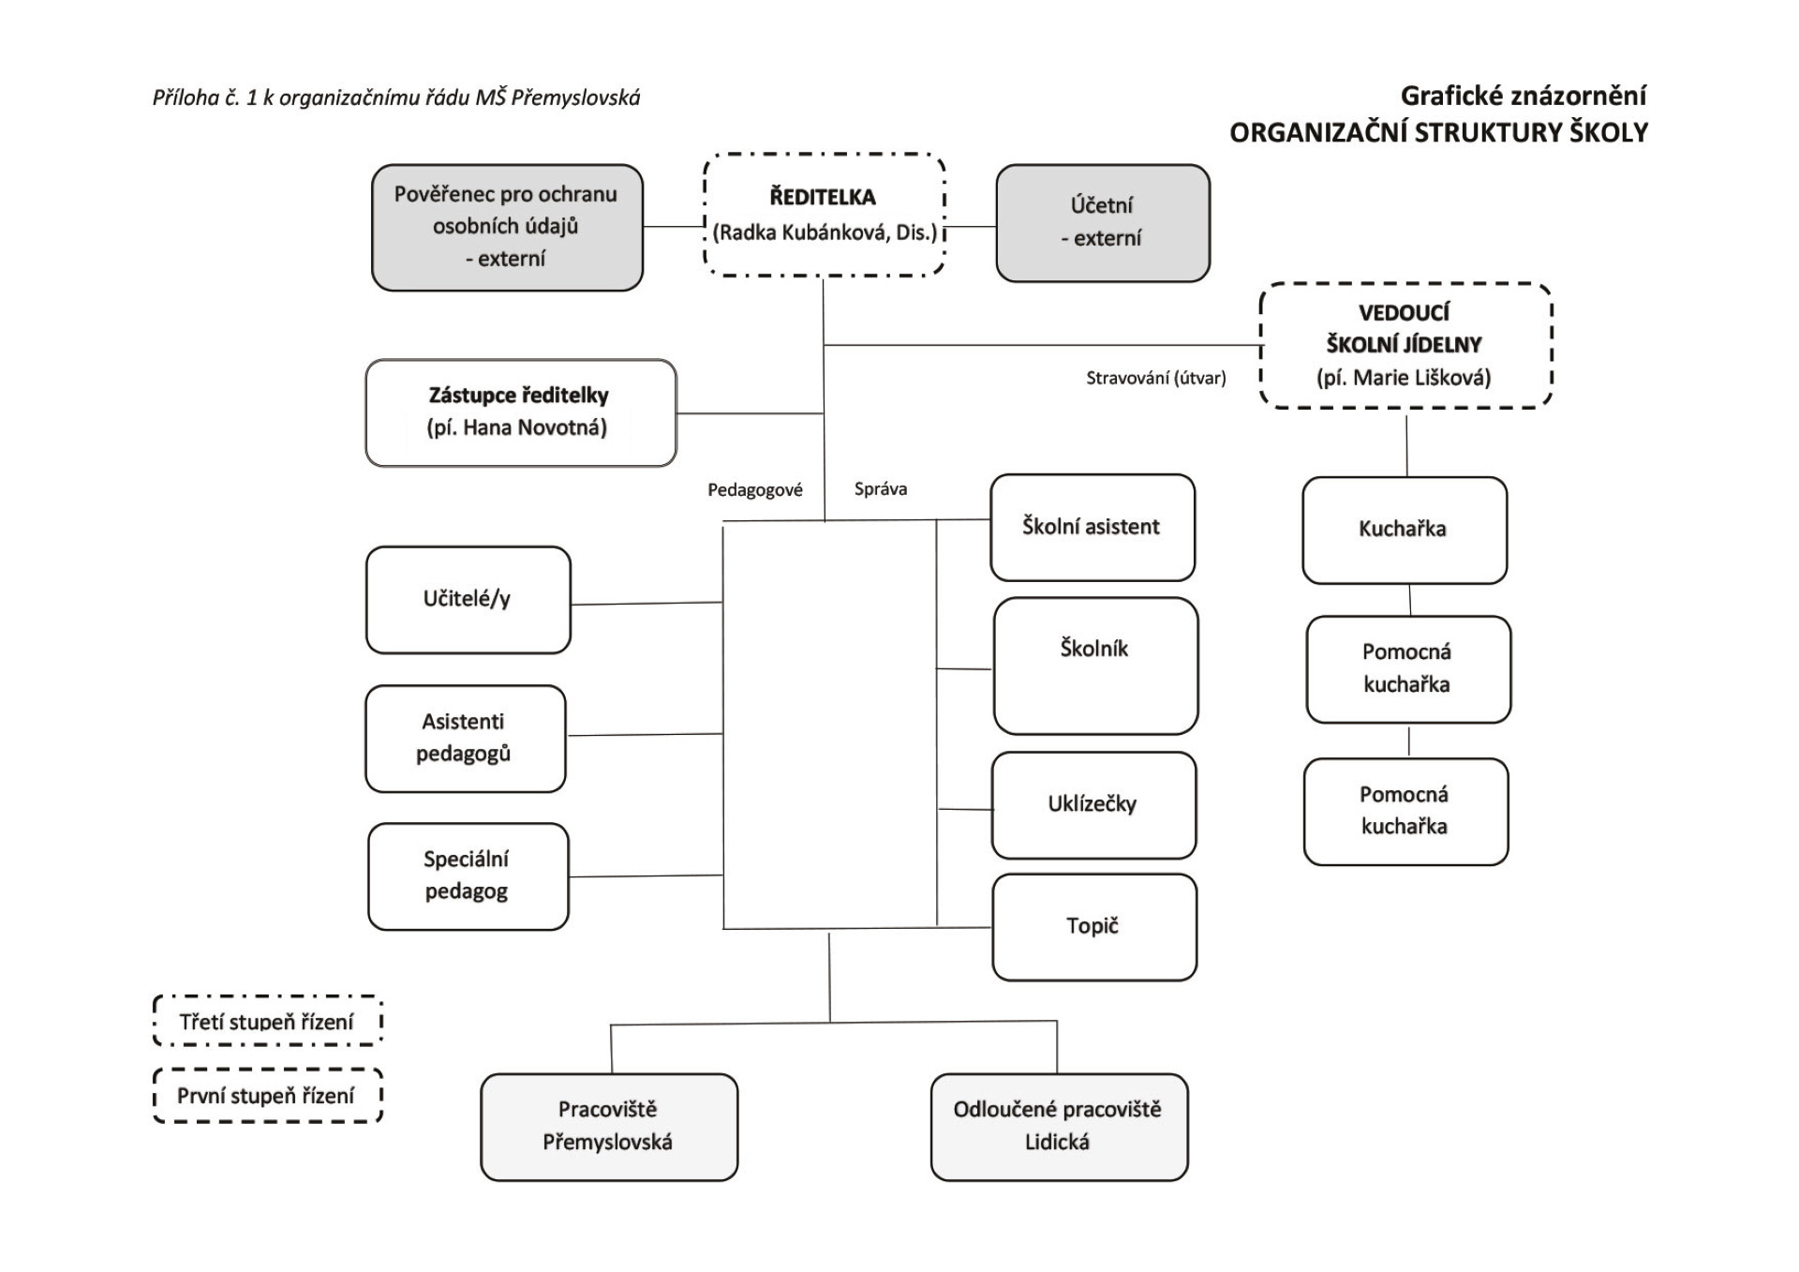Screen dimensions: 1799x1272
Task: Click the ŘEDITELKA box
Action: tap(825, 215)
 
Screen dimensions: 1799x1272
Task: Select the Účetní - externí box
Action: tap(1103, 223)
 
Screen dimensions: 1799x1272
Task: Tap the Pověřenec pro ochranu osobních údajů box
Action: tap(507, 228)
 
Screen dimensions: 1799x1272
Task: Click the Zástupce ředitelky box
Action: tap(521, 412)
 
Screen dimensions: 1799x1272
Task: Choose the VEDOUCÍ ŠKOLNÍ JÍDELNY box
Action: tap(1405, 346)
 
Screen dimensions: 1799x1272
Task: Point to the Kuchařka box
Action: tap(1405, 531)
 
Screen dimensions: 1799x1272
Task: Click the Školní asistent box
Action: tap(1093, 528)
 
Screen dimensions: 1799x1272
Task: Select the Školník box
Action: tap(1095, 666)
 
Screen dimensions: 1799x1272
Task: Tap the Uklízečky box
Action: tap(1093, 805)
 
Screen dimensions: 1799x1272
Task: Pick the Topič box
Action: tap(1094, 927)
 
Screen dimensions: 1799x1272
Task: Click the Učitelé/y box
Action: tap(468, 600)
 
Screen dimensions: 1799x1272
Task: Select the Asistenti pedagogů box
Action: tap(466, 739)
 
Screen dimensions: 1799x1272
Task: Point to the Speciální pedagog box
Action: tap(468, 876)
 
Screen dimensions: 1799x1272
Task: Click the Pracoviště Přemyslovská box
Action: tap(609, 1127)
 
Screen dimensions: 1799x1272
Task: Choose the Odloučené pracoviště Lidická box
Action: tap(1059, 1127)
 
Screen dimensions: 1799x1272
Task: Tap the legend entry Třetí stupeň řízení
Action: tap(267, 1021)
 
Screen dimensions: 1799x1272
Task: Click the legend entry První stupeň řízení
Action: tap(267, 1095)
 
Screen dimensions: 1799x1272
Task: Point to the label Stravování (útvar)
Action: tap(1156, 378)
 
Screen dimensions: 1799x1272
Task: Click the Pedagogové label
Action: tap(755, 490)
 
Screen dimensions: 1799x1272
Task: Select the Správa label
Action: tap(881, 488)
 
